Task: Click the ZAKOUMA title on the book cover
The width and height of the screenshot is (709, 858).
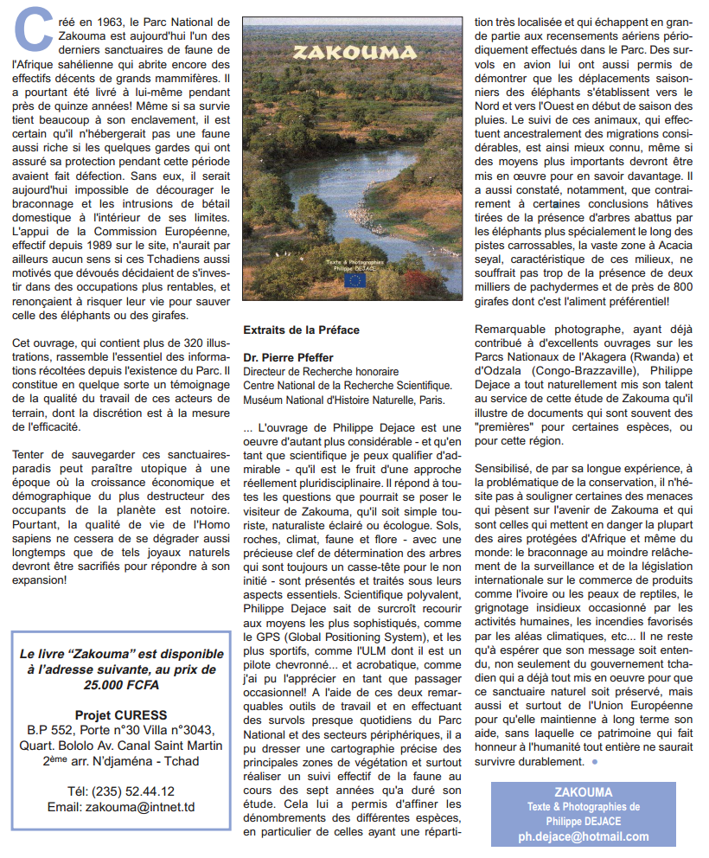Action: (353, 52)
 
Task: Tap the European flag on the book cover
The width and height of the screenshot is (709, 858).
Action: (354, 279)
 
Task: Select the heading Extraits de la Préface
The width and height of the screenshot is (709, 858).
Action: (301, 330)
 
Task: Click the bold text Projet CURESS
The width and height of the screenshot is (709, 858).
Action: (121, 715)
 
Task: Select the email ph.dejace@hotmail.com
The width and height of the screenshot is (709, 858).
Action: (584, 836)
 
